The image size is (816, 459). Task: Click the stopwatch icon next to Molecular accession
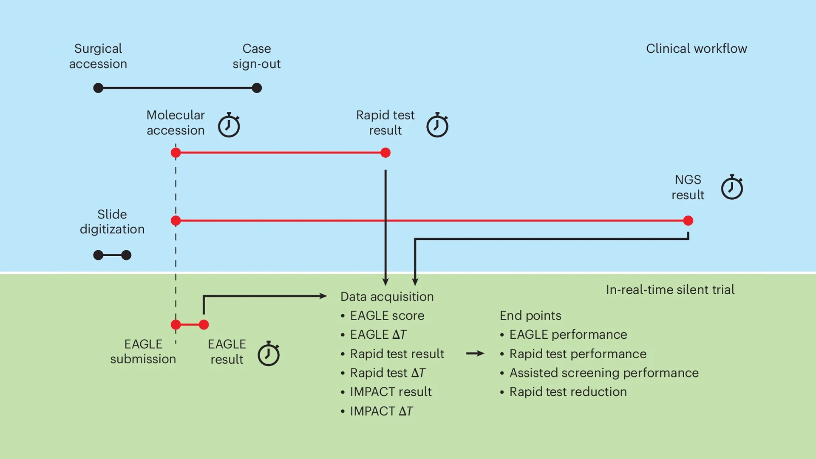click(229, 125)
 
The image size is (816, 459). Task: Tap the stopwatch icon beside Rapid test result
click(437, 125)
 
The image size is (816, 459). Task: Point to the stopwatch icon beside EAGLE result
click(269, 354)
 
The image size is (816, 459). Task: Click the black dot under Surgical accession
click(98, 88)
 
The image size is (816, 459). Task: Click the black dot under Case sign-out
click(257, 88)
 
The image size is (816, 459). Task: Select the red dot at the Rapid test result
click(385, 153)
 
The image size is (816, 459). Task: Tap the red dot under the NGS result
click(688, 221)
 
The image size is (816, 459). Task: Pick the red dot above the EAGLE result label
click(204, 325)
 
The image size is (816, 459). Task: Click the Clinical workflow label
click(696, 48)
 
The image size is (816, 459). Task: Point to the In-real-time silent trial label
click(670, 289)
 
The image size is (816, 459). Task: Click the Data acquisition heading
click(387, 296)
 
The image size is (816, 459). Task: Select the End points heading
click(530, 315)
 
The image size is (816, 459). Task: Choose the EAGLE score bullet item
click(387, 315)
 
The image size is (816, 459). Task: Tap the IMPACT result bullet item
click(390, 391)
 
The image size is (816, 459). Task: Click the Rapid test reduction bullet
click(568, 391)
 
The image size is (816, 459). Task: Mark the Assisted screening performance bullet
click(603, 373)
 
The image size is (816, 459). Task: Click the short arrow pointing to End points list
click(475, 354)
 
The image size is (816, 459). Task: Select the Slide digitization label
click(112, 221)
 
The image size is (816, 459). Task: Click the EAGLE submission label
click(143, 351)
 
